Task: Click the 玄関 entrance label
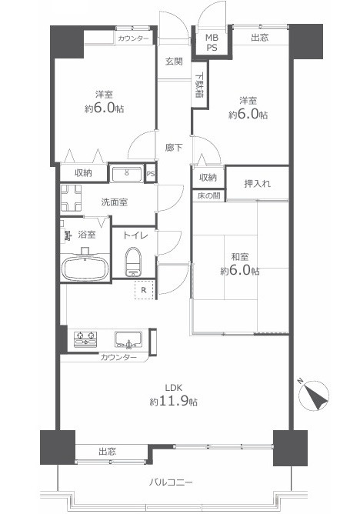[x=174, y=62]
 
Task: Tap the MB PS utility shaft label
[x=212, y=42]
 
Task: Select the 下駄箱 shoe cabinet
[x=199, y=85]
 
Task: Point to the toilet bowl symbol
[x=132, y=262]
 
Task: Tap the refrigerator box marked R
[x=144, y=290]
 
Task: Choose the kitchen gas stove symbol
[x=85, y=339]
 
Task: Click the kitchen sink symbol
[x=128, y=339]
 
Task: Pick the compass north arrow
[x=314, y=396]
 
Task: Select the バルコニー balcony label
[x=171, y=482]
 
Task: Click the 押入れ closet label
[x=257, y=184]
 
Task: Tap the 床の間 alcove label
[x=208, y=196]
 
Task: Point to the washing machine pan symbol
[x=71, y=198]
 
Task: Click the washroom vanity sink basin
[x=126, y=174]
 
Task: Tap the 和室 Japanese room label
[x=240, y=256]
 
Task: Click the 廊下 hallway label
[x=174, y=148]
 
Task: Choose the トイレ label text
[x=135, y=235]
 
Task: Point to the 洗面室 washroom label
[x=115, y=202]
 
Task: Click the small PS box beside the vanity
[x=150, y=174]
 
